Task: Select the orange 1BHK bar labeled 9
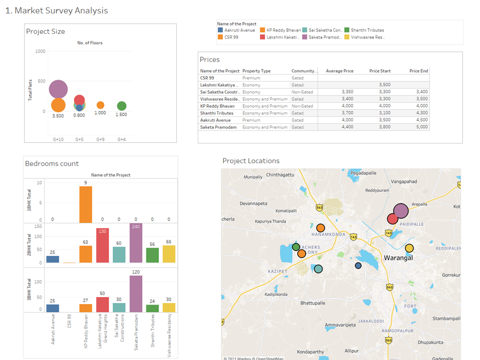(85, 205)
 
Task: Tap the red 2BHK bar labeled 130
(102, 246)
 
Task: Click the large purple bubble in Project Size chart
(58, 89)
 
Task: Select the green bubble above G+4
(121, 106)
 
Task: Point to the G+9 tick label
(100, 139)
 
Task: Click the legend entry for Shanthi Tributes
(367, 30)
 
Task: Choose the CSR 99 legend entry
(230, 37)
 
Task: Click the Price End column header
(419, 71)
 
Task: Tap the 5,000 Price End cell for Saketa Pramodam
(422, 127)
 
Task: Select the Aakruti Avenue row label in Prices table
(214, 120)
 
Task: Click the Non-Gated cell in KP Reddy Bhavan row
(302, 106)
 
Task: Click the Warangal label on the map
(398, 258)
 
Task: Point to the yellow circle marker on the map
(409, 248)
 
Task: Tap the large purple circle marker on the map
(401, 211)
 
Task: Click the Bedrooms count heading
(52, 163)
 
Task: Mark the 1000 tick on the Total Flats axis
(40, 51)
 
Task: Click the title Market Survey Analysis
(56, 10)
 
